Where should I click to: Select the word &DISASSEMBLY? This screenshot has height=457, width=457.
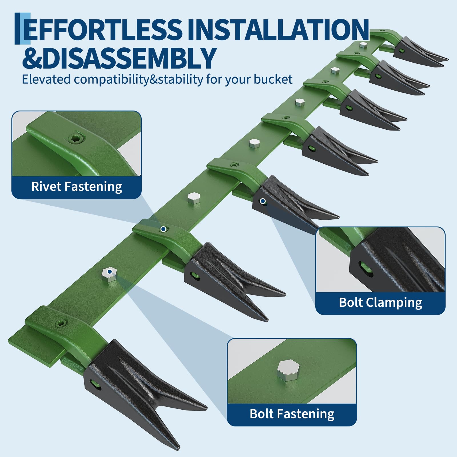(119, 58)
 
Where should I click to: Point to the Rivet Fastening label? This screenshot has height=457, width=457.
(77, 187)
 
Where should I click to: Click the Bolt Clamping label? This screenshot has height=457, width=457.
(380, 302)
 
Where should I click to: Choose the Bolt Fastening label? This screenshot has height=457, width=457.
(292, 414)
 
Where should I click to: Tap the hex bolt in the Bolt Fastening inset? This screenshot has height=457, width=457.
(288, 370)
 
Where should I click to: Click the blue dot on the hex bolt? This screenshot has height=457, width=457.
(109, 272)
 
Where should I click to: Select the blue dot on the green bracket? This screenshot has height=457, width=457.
(163, 229)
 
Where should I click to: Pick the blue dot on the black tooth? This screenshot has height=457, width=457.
(263, 201)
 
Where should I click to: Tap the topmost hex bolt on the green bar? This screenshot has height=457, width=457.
(363, 45)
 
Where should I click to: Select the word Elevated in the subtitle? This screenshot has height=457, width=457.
(46, 79)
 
